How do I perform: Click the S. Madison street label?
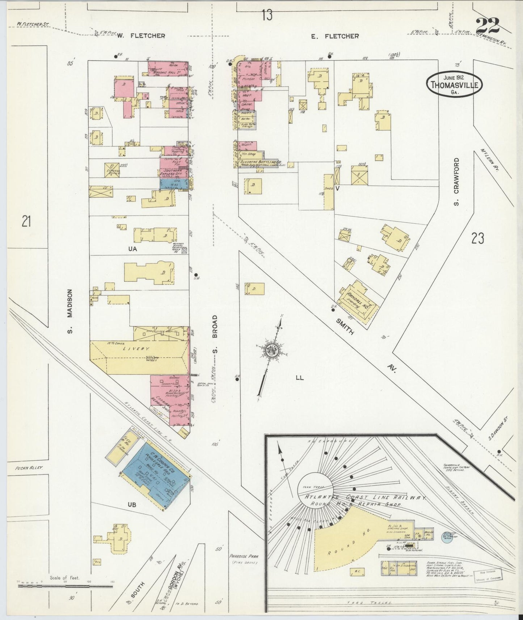pyautogui.click(x=70, y=311)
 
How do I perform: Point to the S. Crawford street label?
pyautogui.click(x=456, y=182)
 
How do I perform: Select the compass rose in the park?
pyautogui.click(x=271, y=350)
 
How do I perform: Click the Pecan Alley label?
pyautogui.click(x=29, y=468)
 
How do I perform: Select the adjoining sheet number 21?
pyautogui.click(x=25, y=221)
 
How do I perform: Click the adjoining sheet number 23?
pyautogui.click(x=478, y=238)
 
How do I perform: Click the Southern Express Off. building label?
pyautogui.click(x=173, y=171)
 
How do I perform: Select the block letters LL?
pyautogui.click(x=299, y=378)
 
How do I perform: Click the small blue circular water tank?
pyautogui.click(x=446, y=537)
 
